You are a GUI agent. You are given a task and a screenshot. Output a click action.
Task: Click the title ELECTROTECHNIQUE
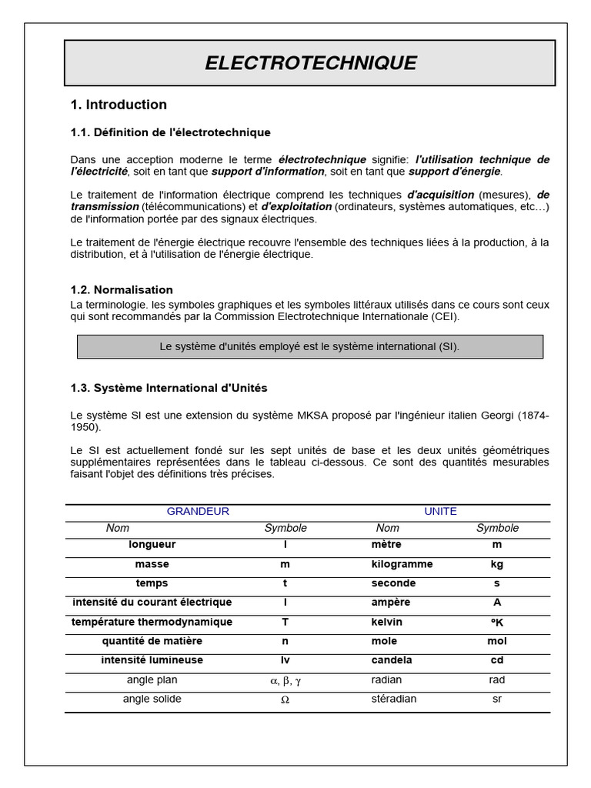click(x=310, y=63)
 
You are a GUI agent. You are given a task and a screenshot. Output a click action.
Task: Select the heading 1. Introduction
click(x=119, y=105)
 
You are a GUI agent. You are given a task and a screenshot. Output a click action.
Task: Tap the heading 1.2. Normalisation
click(x=122, y=290)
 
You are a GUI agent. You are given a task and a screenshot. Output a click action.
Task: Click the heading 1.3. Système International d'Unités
click(x=169, y=388)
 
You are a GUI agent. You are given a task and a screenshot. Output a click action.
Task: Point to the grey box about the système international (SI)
click(x=309, y=347)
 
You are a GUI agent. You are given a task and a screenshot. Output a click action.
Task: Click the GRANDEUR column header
click(x=198, y=511)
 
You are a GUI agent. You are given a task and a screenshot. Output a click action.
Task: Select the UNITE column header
click(x=440, y=511)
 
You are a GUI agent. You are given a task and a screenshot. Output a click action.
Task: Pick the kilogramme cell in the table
click(x=402, y=564)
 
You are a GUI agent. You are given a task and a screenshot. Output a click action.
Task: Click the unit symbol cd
click(x=497, y=660)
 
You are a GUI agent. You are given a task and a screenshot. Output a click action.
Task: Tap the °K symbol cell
click(x=497, y=622)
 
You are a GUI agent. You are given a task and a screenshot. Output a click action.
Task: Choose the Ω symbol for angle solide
click(x=285, y=700)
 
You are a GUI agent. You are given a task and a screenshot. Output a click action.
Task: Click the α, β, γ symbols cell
click(x=285, y=680)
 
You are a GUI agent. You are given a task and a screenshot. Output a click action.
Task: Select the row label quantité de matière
click(x=152, y=641)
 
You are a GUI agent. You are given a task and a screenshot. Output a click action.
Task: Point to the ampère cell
click(x=391, y=603)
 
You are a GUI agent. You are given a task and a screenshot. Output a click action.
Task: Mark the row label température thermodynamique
click(x=152, y=622)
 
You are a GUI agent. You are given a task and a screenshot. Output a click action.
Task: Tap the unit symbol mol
click(x=497, y=641)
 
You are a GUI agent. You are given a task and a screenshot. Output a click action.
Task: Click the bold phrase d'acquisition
click(x=440, y=195)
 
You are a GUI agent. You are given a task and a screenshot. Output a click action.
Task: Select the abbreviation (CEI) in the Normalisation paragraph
click(x=446, y=316)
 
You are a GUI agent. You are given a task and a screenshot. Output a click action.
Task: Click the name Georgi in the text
click(x=496, y=415)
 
